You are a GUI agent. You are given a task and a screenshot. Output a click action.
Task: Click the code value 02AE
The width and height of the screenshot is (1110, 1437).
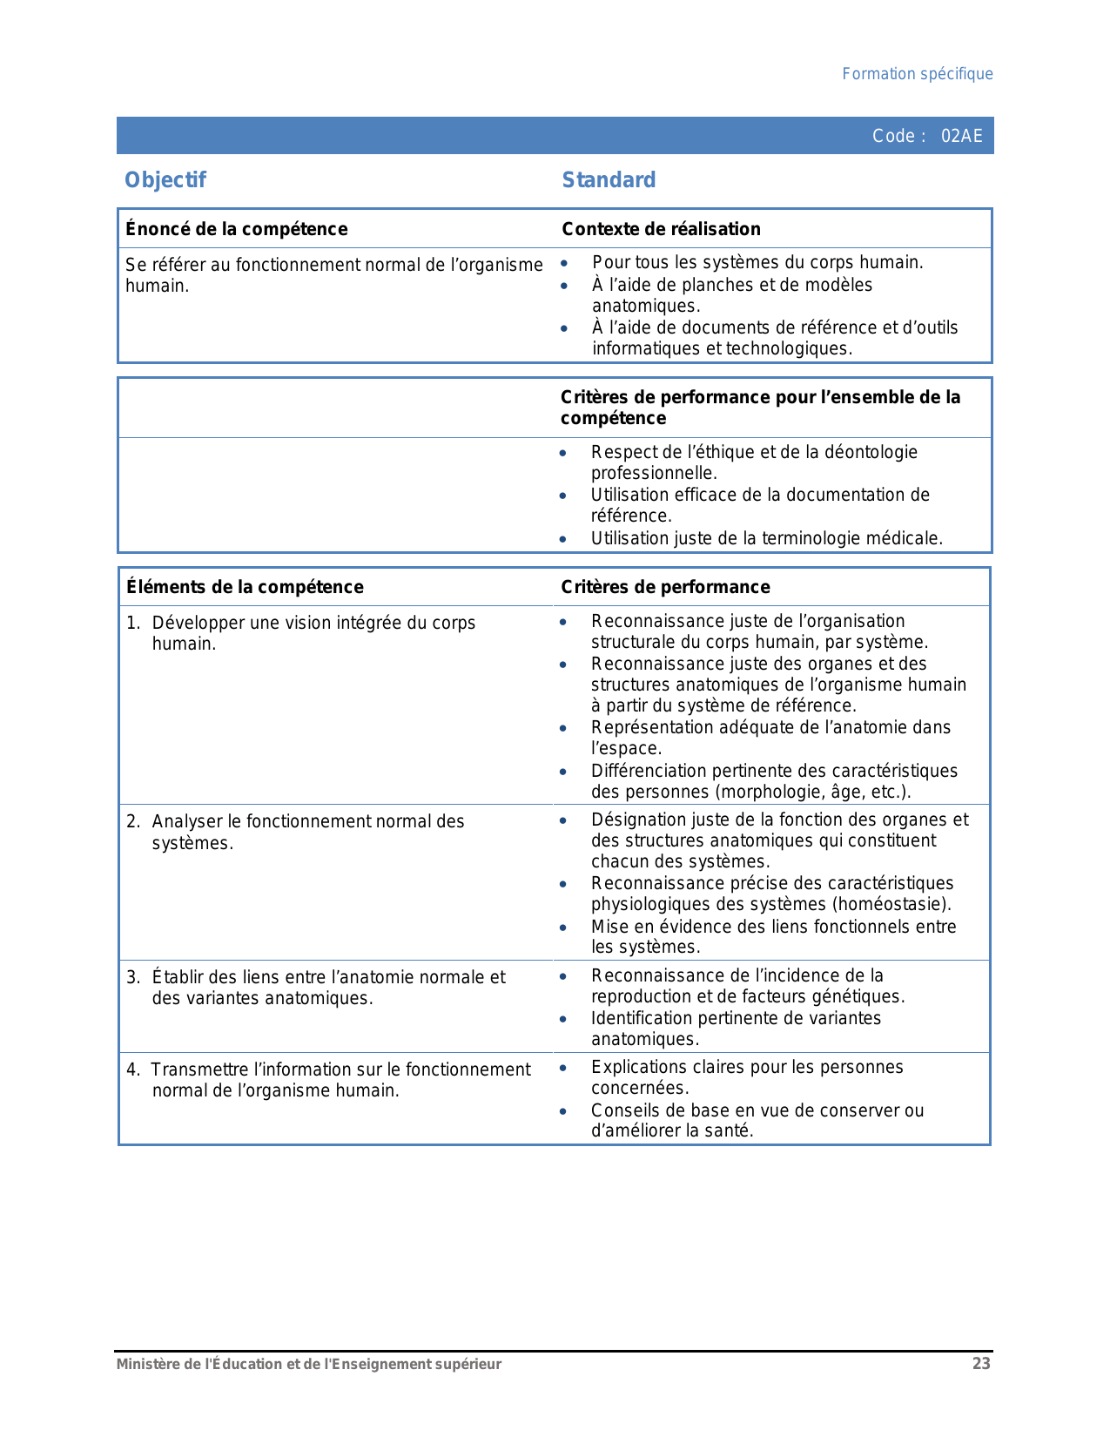coord(961,136)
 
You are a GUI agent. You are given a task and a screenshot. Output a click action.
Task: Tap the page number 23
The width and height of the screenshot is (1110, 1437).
coord(981,1364)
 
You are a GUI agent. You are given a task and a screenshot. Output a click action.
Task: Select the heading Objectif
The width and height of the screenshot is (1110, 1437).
coord(165,180)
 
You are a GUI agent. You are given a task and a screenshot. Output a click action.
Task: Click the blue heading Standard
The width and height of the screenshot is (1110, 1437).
coord(609,180)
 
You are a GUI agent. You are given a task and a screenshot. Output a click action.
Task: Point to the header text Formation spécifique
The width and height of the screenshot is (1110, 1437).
coord(917,74)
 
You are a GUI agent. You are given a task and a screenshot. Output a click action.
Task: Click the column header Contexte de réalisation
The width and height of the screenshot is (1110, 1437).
coord(661,229)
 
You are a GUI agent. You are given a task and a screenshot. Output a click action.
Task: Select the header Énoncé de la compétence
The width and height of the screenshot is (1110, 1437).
coord(236,229)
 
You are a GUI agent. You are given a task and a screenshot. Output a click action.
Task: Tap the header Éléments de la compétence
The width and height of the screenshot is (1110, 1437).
coord(245,587)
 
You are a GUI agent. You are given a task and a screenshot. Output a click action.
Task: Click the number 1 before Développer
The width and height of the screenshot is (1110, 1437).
coord(131,623)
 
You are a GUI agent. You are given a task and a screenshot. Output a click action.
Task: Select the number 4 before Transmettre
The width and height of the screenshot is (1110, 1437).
coord(131,1069)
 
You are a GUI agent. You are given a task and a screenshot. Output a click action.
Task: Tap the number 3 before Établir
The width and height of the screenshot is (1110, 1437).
coord(131,977)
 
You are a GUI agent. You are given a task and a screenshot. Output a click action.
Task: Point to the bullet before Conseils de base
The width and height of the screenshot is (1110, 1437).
coord(563,1111)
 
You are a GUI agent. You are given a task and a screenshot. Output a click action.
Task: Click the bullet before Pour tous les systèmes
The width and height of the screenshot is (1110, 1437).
coord(564,263)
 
